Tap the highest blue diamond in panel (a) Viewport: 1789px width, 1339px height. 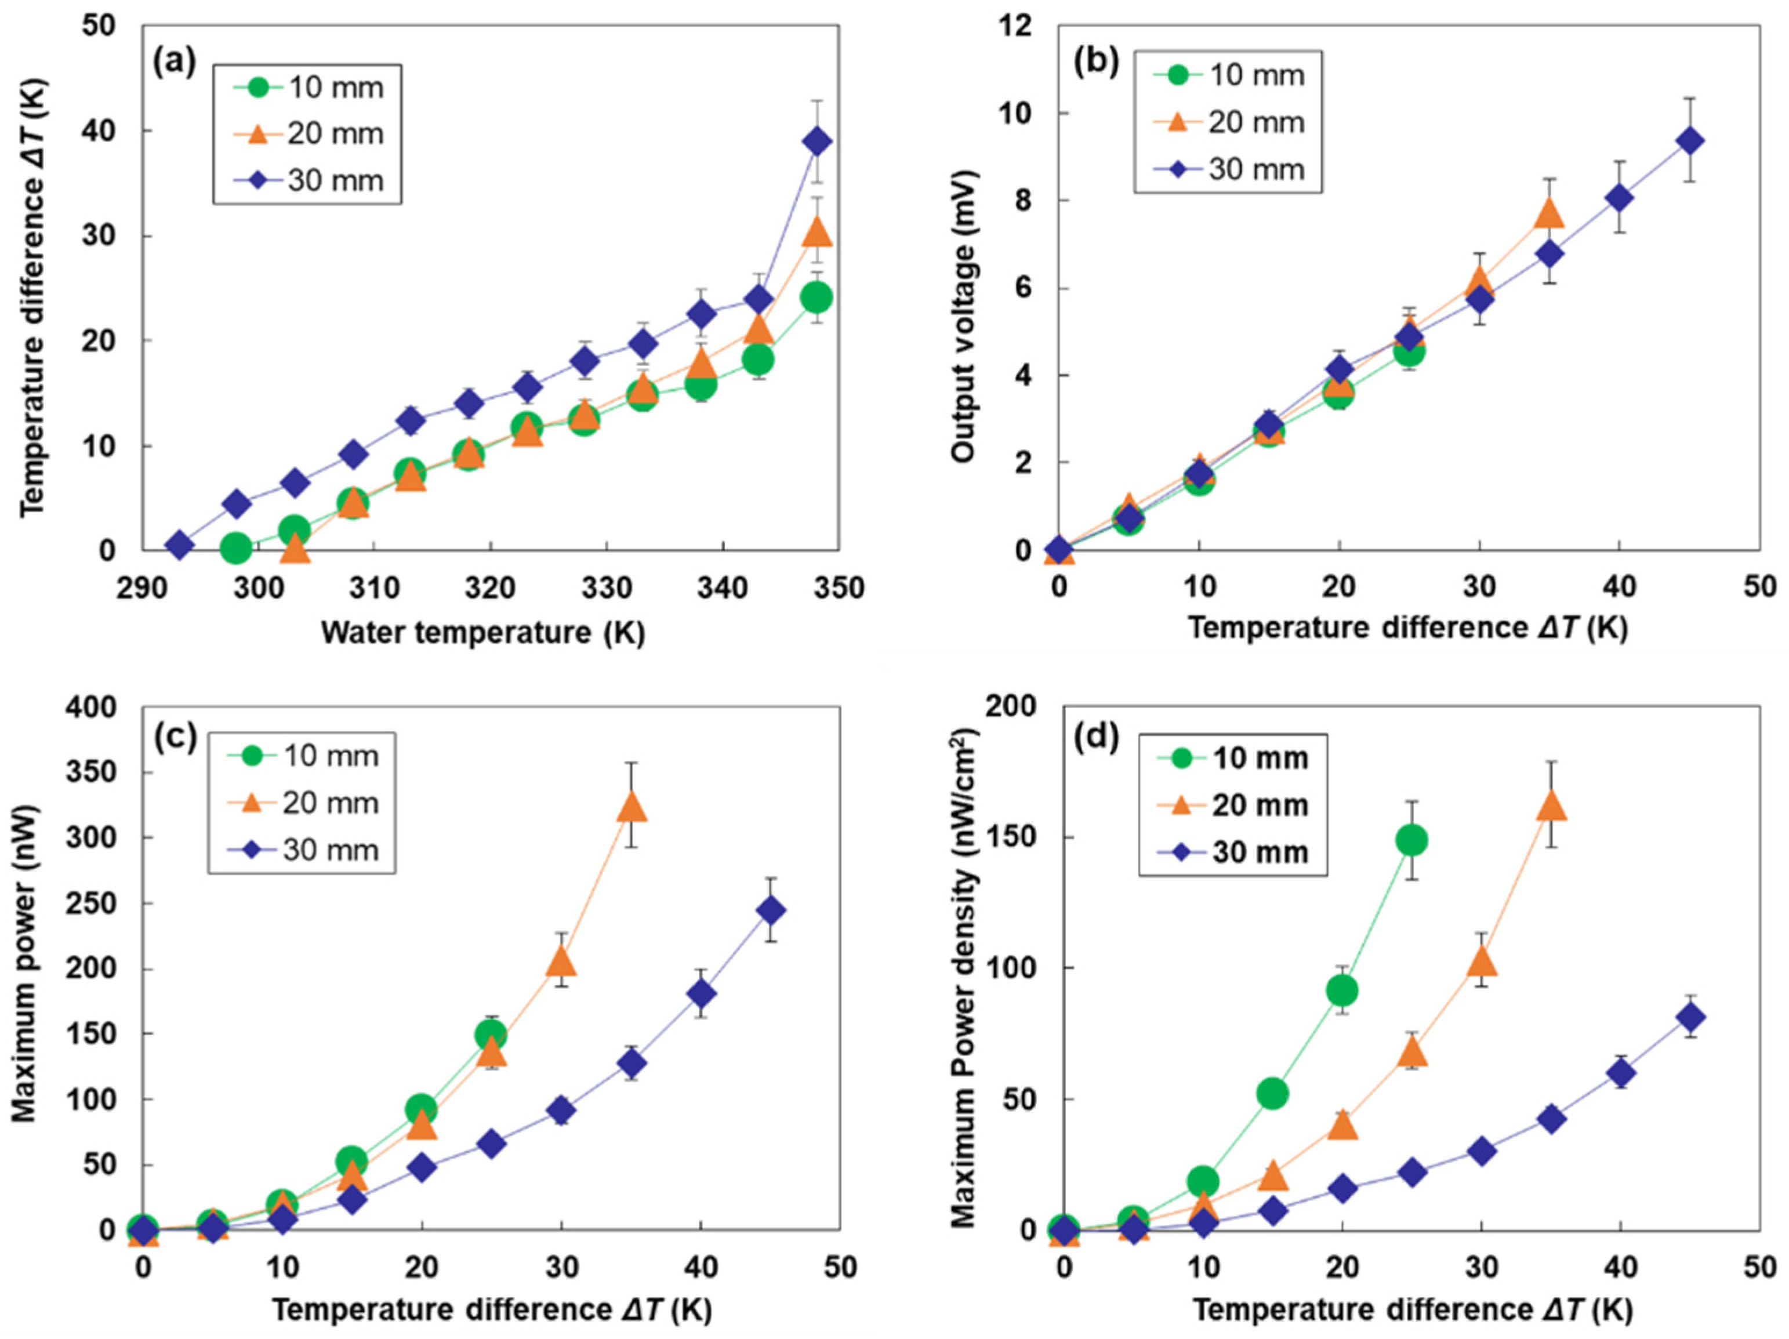(818, 141)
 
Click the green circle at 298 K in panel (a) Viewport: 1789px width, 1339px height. (236, 548)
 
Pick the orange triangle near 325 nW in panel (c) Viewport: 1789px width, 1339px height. (632, 808)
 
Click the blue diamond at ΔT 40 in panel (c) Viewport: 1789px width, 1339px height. (701, 994)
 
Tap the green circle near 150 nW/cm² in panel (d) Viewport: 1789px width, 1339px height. (1412, 841)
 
